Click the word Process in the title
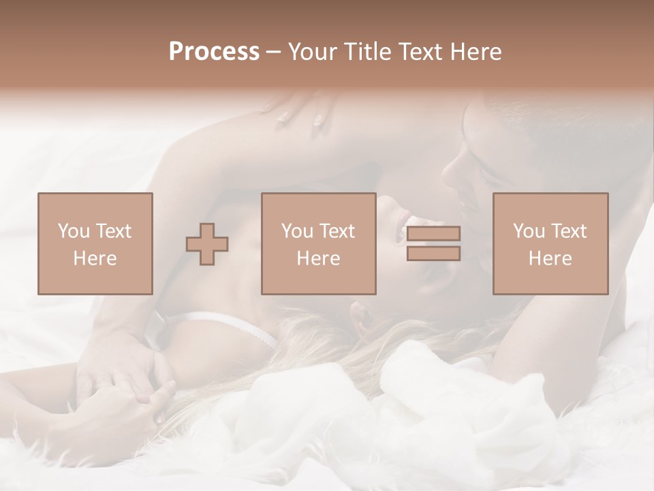pyautogui.click(x=214, y=52)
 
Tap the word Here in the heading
pyautogui.click(x=475, y=52)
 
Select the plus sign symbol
pyautogui.click(x=207, y=244)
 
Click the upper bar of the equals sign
pyautogui.click(x=433, y=234)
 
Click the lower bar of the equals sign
pyautogui.click(x=433, y=254)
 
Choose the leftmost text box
pyautogui.click(x=95, y=243)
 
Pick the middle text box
pyautogui.click(x=319, y=243)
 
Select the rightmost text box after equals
pyautogui.click(x=550, y=243)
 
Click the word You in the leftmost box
pyautogui.click(x=73, y=231)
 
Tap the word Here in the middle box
pyautogui.click(x=319, y=258)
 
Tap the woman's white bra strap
pyautogui.click(x=225, y=325)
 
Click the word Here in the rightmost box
pyautogui.click(x=550, y=258)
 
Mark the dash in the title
pyautogui.click(x=274, y=52)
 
